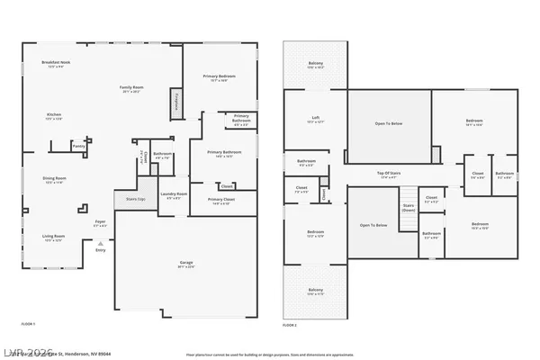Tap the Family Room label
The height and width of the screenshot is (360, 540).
(131, 89)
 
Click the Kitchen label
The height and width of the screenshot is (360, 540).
(54, 116)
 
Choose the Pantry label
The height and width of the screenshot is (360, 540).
(79, 145)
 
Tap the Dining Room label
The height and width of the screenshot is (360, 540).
(54, 180)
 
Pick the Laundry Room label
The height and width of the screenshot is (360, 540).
(174, 195)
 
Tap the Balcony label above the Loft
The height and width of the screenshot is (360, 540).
(315, 65)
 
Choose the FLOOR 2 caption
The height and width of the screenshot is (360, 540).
(290, 323)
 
